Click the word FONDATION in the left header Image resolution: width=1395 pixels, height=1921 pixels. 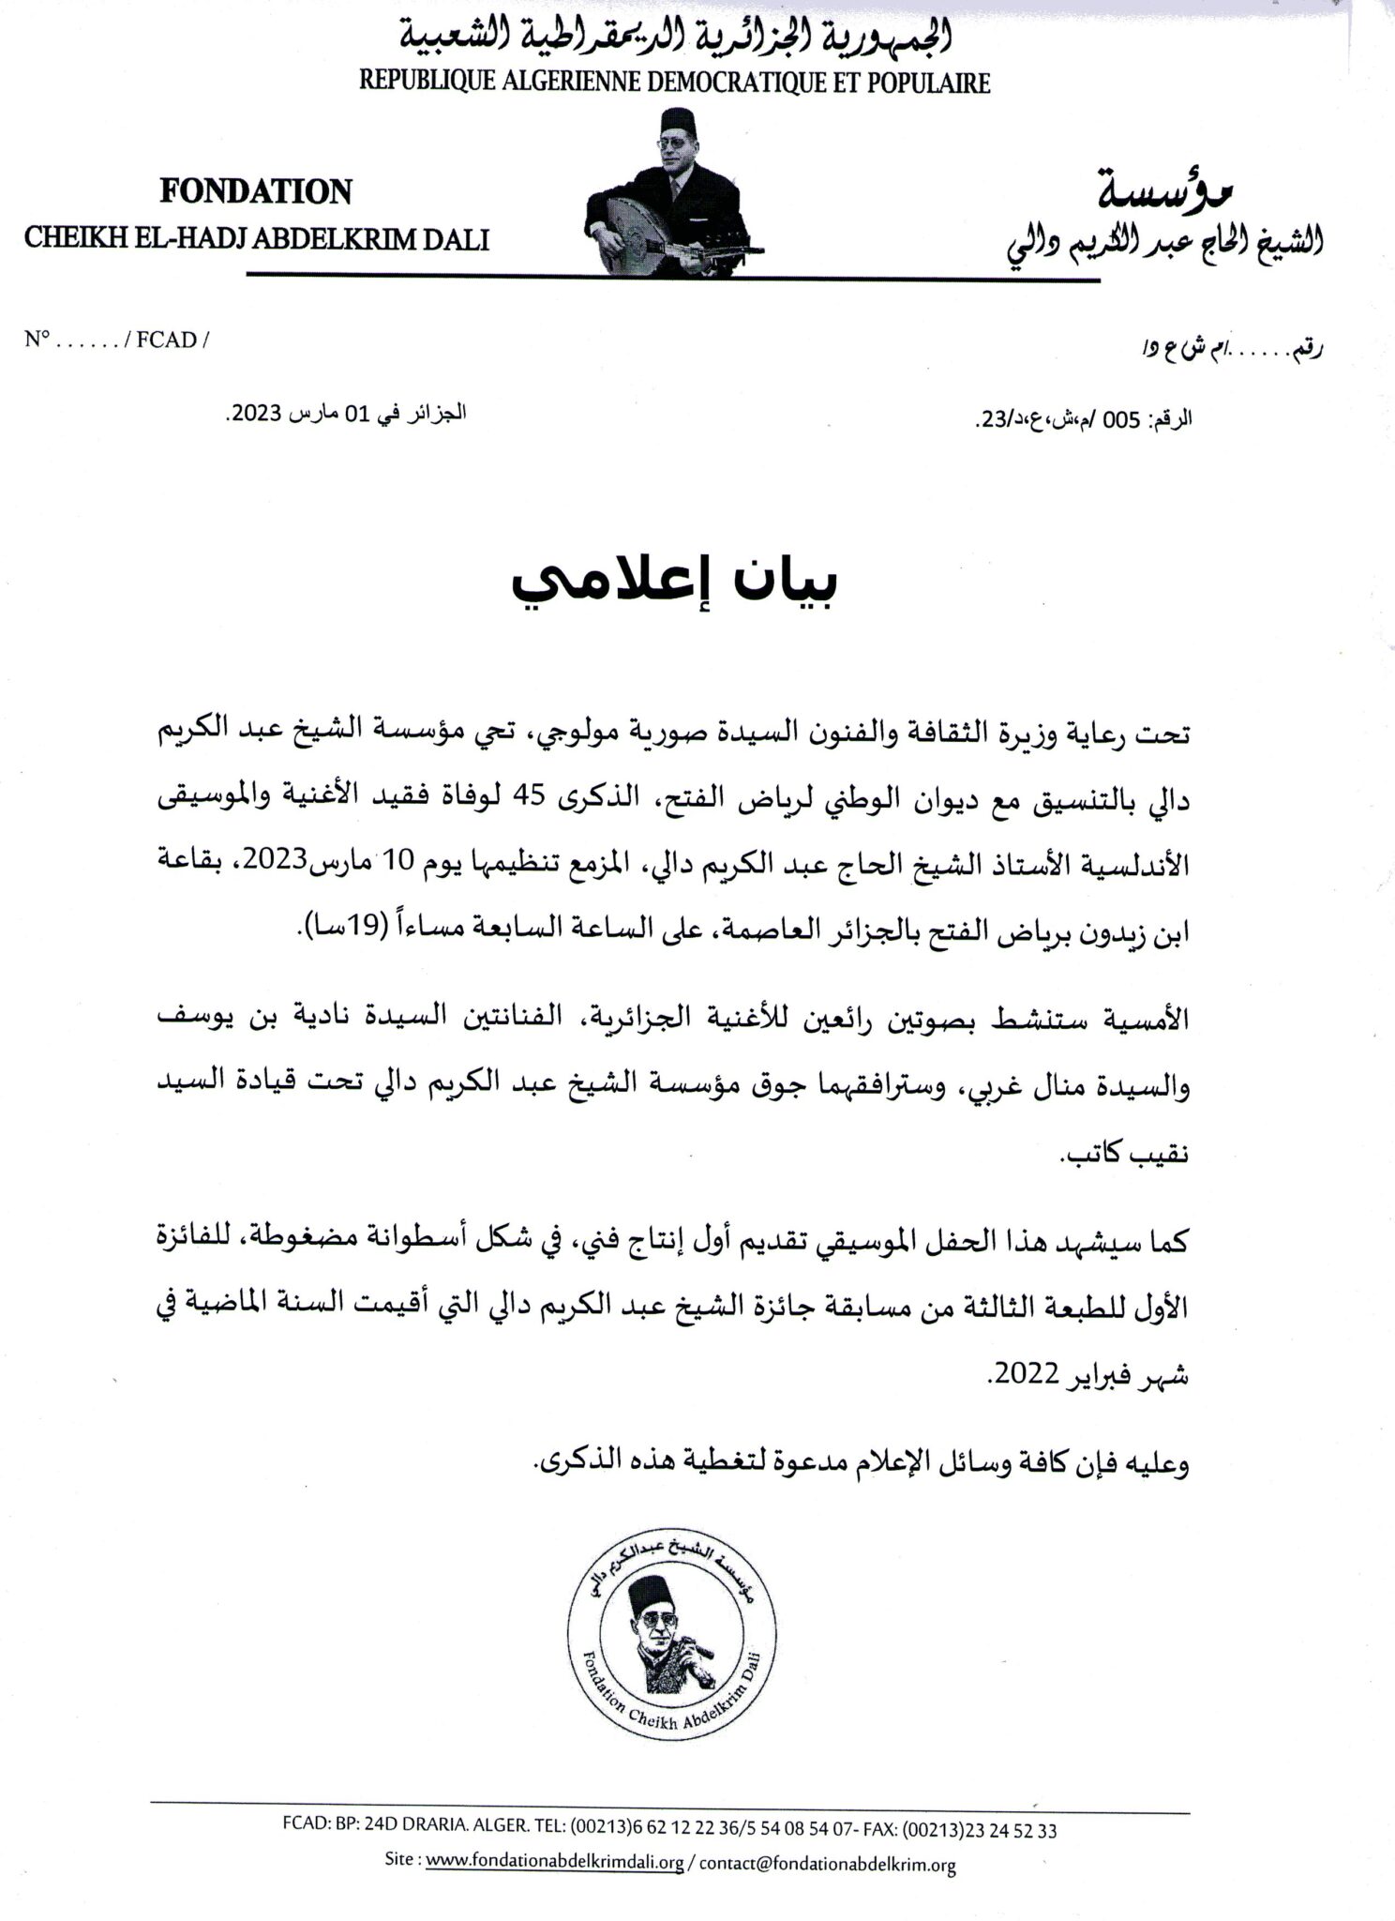click(x=256, y=192)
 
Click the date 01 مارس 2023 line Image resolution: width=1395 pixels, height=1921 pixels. click(x=347, y=416)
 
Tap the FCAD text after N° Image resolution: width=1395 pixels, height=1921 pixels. click(x=166, y=340)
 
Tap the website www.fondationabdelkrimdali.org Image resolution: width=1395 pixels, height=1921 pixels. click(x=554, y=1861)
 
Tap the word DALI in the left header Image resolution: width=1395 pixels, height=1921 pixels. click(x=457, y=239)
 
